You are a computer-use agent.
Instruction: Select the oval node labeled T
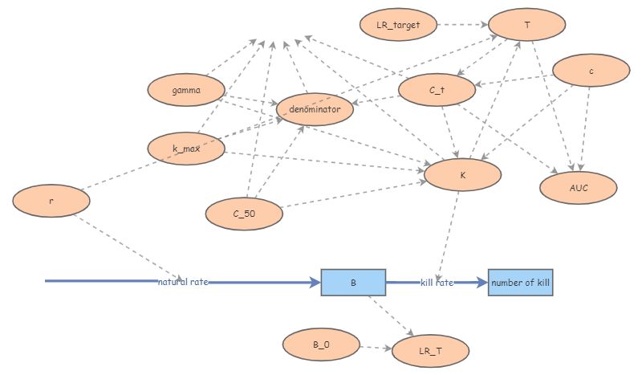526,25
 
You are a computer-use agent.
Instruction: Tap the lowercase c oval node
591,71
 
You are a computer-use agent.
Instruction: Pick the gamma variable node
185,90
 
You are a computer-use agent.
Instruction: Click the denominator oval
315,108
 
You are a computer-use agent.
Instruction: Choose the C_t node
437,91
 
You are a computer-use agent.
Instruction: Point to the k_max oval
185,149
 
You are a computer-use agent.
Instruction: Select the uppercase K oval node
462,174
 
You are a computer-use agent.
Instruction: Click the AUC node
578,187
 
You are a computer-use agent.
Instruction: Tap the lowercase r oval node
51,201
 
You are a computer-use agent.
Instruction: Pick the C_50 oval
244,214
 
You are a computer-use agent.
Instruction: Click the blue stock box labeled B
353,282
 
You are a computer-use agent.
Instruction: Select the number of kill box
521,282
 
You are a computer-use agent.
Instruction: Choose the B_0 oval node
321,344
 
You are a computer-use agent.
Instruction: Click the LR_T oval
430,351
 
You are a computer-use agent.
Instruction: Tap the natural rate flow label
183,282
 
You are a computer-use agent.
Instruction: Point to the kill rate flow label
438,282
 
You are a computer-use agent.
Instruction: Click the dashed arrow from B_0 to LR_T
376,348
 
